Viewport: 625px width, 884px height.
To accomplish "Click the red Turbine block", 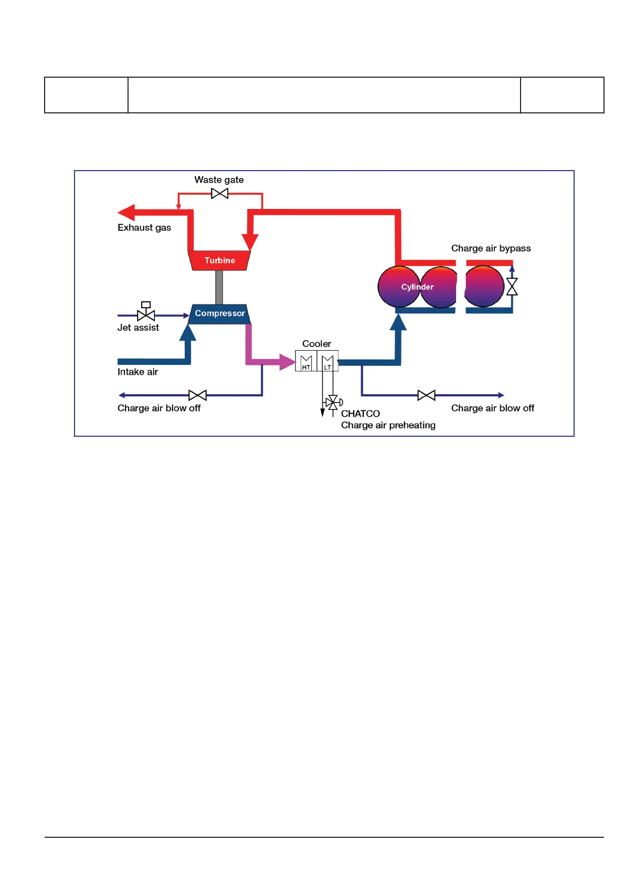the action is [x=219, y=260].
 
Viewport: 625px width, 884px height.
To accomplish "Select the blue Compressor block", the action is [x=219, y=314].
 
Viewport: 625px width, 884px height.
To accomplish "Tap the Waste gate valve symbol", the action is [x=220, y=193].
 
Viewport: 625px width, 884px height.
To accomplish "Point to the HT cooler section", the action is [x=306, y=361].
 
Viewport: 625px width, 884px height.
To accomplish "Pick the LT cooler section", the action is [x=327, y=361].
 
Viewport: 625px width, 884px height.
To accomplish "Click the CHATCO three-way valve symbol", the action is [x=333, y=403].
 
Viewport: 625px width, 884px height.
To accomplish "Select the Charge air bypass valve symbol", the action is [x=512, y=287].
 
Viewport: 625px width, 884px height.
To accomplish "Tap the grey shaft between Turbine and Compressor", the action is [x=219, y=287].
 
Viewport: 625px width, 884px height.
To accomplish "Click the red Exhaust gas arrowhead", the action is [x=126, y=212].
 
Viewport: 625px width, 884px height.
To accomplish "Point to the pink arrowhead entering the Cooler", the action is [x=288, y=362].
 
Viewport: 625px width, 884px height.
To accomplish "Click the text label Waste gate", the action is [x=219, y=180].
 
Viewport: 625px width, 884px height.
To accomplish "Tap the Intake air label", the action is [x=137, y=372].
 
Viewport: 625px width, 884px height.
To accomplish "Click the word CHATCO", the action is [x=360, y=414].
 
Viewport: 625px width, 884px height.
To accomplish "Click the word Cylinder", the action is [x=417, y=287].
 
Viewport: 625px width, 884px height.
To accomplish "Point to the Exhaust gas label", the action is [x=144, y=228].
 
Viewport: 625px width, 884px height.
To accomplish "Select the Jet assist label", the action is [x=138, y=328].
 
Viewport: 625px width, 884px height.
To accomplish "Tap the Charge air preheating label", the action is [x=388, y=425].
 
